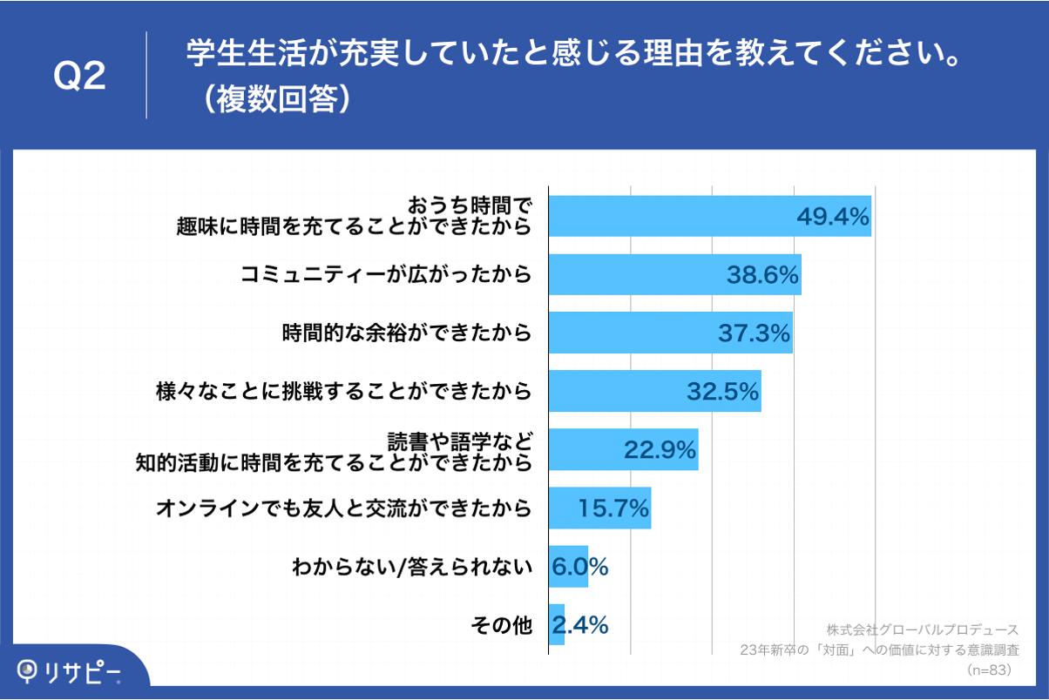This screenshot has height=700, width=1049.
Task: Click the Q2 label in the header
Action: [79, 77]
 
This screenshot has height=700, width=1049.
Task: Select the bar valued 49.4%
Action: [671, 216]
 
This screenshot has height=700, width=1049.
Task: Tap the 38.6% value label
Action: [763, 275]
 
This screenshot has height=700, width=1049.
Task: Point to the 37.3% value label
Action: [754, 333]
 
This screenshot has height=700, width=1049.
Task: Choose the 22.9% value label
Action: [660, 449]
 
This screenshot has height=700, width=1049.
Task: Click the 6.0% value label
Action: [579, 566]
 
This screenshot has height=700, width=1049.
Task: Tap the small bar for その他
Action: [556, 624]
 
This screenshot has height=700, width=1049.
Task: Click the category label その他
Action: [500, 625]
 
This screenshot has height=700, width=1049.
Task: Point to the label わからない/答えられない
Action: [410, 567]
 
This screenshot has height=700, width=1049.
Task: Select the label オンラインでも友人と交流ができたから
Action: [343, 508]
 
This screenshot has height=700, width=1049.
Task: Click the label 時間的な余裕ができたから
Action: [406, 333]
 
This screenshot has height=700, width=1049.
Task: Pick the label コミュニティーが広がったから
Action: [385, 275]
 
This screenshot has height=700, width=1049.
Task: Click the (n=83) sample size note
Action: [988, 670]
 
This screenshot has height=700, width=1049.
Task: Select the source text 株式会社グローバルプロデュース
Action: [922, 629]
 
